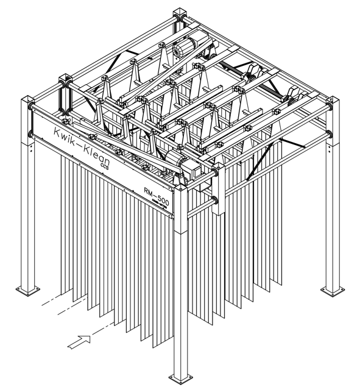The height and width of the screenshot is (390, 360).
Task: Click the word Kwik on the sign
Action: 65,135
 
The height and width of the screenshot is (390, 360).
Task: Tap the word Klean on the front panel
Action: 96,154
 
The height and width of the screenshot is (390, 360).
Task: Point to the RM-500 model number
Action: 157,196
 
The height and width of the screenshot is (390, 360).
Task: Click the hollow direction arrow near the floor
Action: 79,342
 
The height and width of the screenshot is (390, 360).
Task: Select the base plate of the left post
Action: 27,291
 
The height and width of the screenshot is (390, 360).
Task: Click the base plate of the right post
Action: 333,291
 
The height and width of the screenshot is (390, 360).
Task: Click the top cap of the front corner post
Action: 180,189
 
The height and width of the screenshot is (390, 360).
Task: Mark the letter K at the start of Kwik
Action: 57,132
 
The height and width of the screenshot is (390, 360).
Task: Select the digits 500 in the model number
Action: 163,200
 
